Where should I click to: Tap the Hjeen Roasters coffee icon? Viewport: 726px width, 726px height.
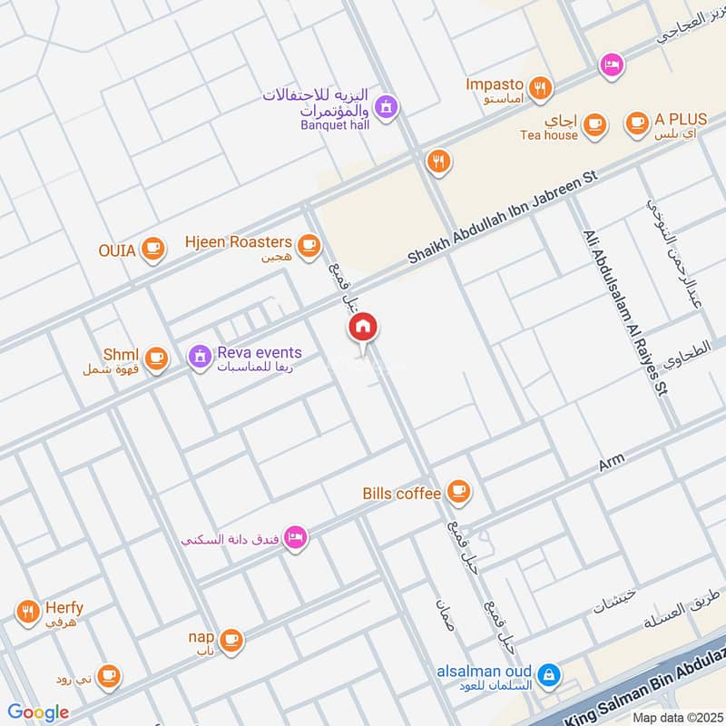pyautogui.click(x=310, y=244)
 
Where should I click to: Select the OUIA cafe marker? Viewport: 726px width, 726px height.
pyautogui.click(x=153, y=248)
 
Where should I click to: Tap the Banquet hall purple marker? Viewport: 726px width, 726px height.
pyautogui.click(x=388, y=107)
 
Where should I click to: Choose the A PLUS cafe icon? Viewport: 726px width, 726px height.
pyautogui.click(x=637, y=122)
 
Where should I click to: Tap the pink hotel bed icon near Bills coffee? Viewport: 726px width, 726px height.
pyautogui.click(x=297, y=539)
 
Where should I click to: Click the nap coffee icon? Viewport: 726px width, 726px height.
pyautogui.click(x=232, y=639)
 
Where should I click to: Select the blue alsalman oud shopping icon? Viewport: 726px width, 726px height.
pyautogui.click(x=547, y=674)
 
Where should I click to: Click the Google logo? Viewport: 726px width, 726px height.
pyautogui.click(x=38, y=712)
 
